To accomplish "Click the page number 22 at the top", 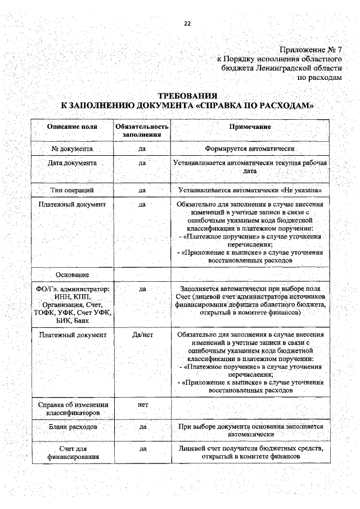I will click(187, 23).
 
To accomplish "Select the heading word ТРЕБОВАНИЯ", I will click(187, 96).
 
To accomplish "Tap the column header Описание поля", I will click(73, 127).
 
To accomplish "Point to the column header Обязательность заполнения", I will click(142, 131).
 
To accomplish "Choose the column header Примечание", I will click(250, 127).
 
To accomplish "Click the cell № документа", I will click(73, 148).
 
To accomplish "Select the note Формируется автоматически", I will click(250, 148).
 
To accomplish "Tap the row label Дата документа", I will click(73, 163).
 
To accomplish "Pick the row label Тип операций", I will click(73, 190).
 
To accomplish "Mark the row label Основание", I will click(73, 274).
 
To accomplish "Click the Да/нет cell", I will click(142, 334).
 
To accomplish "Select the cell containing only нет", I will click(142, 404).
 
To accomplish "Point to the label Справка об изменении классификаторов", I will click(73, 409).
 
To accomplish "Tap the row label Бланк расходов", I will click(73, 427).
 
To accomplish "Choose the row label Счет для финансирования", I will click(73, 453).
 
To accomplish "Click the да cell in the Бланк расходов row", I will click(142, 427).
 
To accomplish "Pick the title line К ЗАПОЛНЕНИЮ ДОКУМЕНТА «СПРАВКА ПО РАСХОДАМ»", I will click(187, 106).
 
